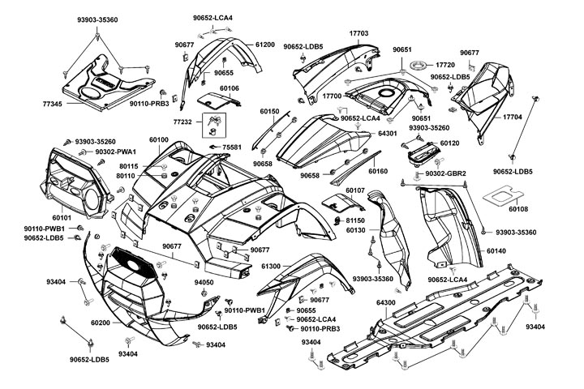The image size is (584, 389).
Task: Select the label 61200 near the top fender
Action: tap(264, 45)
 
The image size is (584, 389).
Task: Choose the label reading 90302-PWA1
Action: tap(115, 152)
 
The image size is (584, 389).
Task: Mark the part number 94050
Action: tap(204, 282)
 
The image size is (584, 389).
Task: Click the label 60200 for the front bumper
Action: tap(101, 323)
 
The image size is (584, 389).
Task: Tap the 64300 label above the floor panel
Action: tap(387, 302)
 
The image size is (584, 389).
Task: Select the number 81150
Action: tap(356, 220)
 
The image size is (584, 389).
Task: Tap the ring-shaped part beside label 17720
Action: tap(421, 65)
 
